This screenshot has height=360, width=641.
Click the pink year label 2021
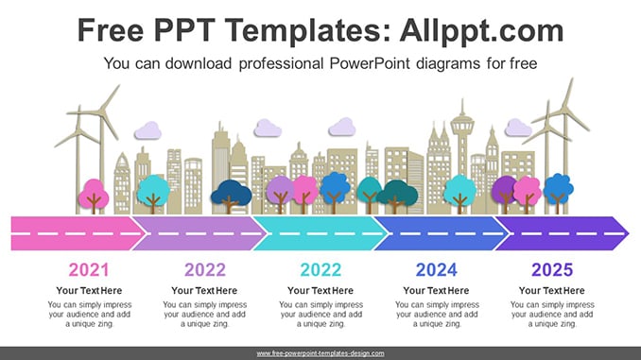(x=89, y=269)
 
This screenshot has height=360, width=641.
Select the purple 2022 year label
(x=205, y=269)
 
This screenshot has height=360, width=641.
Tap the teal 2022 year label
(x=320, y=269)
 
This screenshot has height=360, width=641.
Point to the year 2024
(x=437, y=269)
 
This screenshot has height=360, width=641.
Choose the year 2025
(x=552, y=269)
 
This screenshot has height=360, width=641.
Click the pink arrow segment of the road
(x=76, y=233)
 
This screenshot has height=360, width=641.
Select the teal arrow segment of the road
(x=319, y=233)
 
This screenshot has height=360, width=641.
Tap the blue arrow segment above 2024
(x=441, y=233)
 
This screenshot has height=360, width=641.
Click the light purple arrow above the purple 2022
(x=198, y=233)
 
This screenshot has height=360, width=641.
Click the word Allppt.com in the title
(x=481, y=30)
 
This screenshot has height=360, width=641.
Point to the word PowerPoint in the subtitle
(x=369, y=63)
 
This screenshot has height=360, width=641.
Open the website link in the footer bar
(x=320, y=353)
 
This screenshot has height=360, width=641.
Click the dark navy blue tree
(x=231, y=197)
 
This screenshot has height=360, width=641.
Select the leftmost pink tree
(x=94, y=196)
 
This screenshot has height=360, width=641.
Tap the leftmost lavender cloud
(x=148, y=130)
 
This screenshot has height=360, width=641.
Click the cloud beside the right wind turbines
(x=518, y=128)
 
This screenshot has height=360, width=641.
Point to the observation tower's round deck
(x=462, y=124)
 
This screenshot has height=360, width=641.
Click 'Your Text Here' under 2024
(x=436, y=290)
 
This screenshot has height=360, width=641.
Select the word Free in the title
(x=111, y=30)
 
